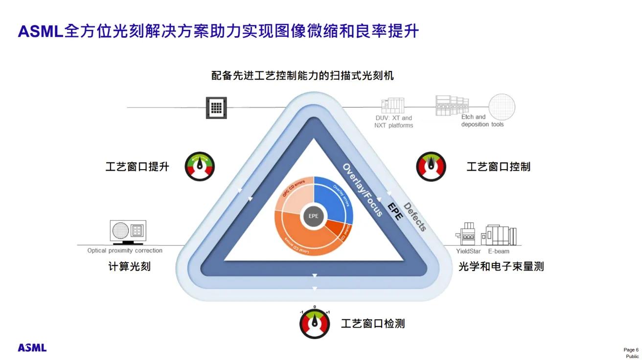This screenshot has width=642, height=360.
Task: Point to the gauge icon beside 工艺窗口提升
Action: coord(200,166)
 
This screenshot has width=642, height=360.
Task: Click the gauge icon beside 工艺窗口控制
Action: coord(431,166)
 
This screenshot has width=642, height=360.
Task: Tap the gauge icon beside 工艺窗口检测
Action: coord(315,324)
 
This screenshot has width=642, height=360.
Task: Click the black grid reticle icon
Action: coord(216,107)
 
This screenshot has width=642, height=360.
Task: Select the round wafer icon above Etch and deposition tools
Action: coord(502,107)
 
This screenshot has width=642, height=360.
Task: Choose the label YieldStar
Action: coord(468,251)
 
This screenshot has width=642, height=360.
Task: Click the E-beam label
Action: coord(498,251)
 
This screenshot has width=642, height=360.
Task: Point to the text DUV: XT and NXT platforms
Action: coord(393,121)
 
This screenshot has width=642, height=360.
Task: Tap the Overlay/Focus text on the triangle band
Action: coord(363,189)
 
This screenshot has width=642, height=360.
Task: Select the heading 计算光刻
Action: coord(129,267)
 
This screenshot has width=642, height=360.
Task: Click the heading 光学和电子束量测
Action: coord(501,267)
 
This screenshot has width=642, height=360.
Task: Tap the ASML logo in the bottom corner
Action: coord(32,348)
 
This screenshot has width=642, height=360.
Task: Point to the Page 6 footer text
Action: coord(631,350)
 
